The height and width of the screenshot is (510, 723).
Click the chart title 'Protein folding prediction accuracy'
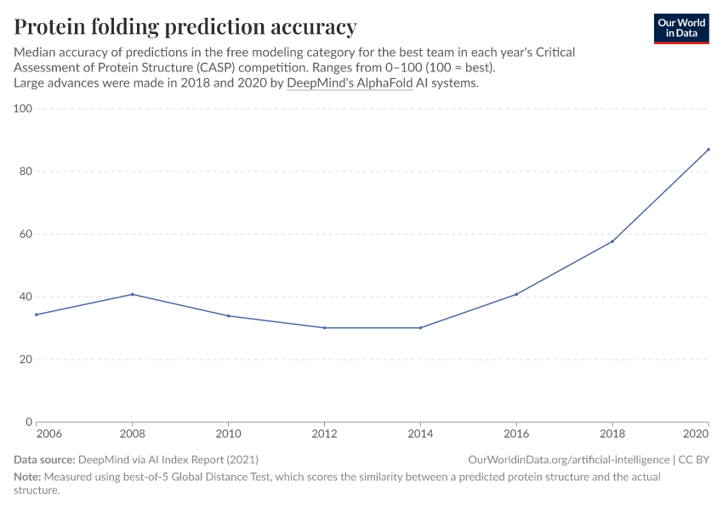[185, 26]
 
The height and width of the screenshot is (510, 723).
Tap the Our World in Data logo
[681, 28]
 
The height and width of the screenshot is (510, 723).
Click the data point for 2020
[708, 150]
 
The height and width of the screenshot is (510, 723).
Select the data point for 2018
[612, 241]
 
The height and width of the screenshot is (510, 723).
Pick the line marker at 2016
[516, 294]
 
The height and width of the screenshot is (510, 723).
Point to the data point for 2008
[133, 294]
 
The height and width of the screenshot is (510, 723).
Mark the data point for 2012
[324, 328]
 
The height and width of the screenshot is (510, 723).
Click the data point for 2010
[229, 316]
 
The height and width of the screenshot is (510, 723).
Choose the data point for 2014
[420, 328]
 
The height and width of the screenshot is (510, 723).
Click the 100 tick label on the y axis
[22, 109]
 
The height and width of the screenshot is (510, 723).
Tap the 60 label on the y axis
[26, 234]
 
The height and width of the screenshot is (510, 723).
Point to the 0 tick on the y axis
[29, 422]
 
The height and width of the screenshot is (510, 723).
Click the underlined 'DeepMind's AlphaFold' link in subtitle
[350, 83]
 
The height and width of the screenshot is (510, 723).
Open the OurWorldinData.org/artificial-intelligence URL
[568, 460]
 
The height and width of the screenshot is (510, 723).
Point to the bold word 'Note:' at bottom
[29, 477]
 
